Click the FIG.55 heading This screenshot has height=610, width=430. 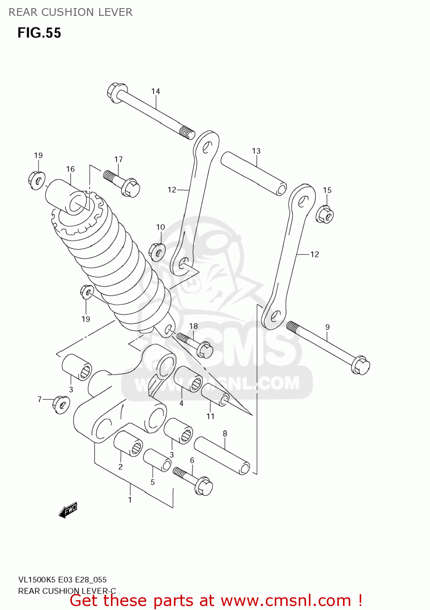[x=39, y=33]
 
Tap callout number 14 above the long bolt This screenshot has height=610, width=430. [x=156, y=91]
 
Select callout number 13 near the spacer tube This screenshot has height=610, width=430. [x=256, y=151]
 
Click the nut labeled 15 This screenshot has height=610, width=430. [x=325, y=214]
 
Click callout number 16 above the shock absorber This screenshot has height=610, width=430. [x=70, y=169]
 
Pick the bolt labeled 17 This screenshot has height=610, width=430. [x=122, y=183]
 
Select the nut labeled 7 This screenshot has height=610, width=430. [x=61, y=404]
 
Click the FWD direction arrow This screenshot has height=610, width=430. [x=68, y=510]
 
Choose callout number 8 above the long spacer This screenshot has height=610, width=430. [x=225, y=434]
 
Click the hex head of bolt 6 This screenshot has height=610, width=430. [x=203, y=486]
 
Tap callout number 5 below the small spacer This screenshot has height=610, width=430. [x=152, y=482]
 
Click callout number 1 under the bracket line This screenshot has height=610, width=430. [x=130, y=500]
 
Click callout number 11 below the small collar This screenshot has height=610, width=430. [x=210, y=416]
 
